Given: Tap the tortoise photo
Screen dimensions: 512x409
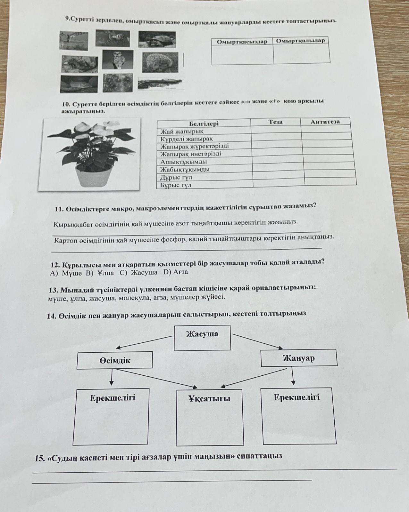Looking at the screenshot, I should (x=157, y=40).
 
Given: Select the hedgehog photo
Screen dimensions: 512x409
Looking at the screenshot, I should (x=159, y=62).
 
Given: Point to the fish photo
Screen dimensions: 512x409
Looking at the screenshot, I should (x=79, y=84).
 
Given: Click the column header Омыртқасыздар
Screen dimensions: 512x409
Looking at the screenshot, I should (x=242, y=42).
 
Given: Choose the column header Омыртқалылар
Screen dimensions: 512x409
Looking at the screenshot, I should (x=300, y=41).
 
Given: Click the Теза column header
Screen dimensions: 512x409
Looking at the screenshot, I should (x=276, y=122).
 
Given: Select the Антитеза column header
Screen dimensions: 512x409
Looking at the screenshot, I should (x=325, y=121).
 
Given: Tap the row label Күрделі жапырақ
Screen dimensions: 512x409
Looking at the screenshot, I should (x=186, y=139).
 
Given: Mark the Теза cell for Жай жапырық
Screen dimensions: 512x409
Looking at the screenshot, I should (x=276, y=130).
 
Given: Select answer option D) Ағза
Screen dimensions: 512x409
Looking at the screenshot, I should (x=175, y=272).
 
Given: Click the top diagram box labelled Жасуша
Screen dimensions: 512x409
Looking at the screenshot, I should (x=202, y=337).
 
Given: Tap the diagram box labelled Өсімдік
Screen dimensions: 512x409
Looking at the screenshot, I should (x=115, y=361).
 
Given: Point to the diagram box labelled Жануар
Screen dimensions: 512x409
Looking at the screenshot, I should (x=299, y=358).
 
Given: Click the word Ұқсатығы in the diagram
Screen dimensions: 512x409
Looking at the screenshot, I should (x=209, y=399).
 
